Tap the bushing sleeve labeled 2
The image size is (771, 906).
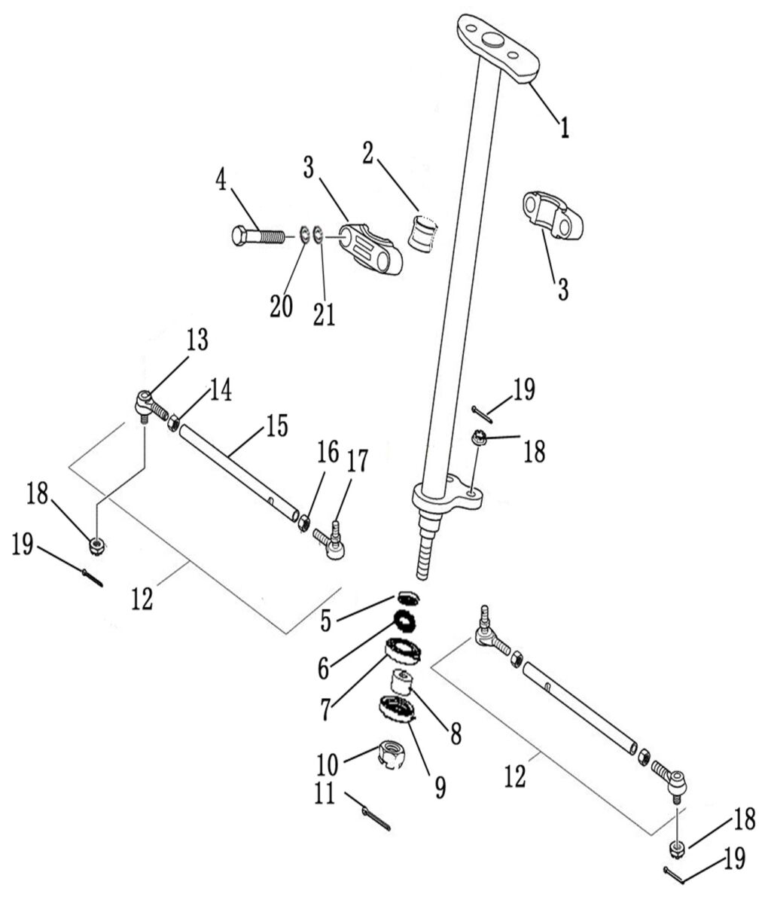[422, 230]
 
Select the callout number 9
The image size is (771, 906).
[439, 787]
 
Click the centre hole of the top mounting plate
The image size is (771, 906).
[494, 41]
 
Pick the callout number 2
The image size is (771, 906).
[367, 154]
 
